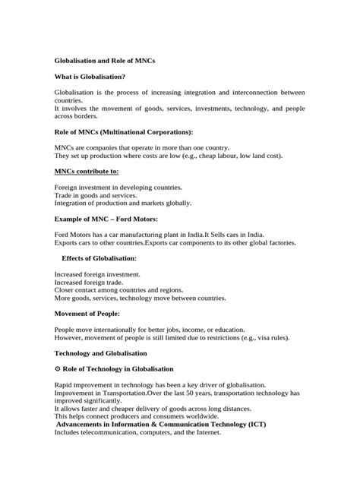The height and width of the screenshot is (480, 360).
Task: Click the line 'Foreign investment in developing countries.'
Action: click(118, 187)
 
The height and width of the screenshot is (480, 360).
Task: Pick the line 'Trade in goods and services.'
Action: click(96, 195)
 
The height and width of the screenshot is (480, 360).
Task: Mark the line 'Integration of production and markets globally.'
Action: click(122, 203)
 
